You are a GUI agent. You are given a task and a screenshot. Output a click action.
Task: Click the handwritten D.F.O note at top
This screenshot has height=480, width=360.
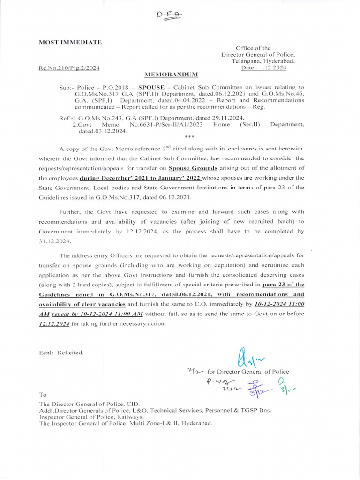click(x=168, y=16)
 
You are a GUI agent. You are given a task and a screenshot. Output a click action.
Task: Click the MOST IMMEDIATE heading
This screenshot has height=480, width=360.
click(x=70, y=43)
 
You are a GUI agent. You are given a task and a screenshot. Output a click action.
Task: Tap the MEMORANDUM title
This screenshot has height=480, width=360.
click(x=171, y=75)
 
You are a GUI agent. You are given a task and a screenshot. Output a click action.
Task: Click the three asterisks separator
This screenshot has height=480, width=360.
click(x=189, y=137)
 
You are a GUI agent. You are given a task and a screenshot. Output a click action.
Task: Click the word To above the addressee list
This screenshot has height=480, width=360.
click(x=43, y=395)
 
